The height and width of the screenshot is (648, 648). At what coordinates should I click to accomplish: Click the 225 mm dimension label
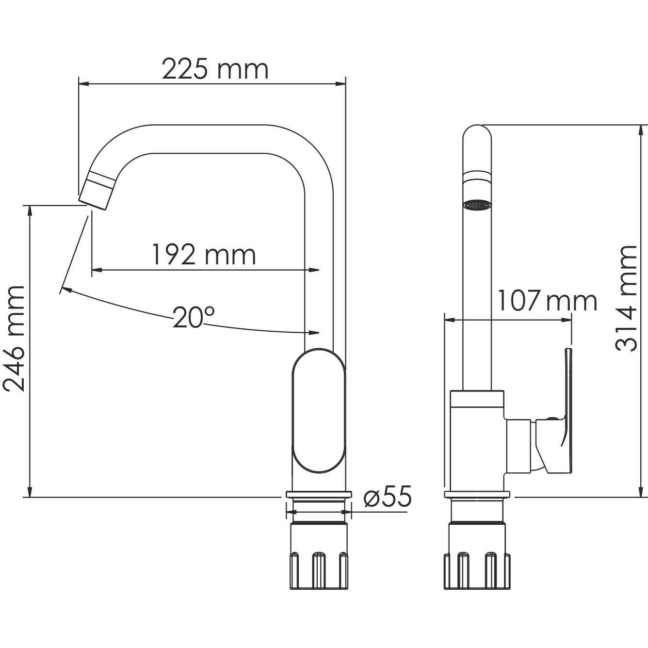tap(214, 69)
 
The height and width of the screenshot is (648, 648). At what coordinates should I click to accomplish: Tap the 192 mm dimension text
tap(204, 255)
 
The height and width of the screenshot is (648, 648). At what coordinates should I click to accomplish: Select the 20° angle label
tap(194, 318)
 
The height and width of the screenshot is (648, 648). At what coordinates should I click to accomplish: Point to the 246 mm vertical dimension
tap(15, 338)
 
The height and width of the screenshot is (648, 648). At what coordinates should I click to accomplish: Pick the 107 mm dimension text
tap(547, 301)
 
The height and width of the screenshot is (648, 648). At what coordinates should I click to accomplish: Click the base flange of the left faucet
tap(319, 494)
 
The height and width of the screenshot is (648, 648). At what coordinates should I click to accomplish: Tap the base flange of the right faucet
tap(477, 494)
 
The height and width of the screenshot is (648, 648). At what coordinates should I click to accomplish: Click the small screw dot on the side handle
tap(551, 417)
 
